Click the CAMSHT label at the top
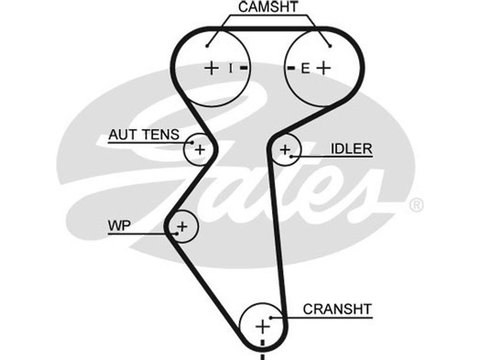268,8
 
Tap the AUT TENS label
143,136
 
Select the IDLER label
351,149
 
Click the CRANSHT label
337,309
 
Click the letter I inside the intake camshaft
230,68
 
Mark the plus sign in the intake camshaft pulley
211,68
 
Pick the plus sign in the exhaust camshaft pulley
323,68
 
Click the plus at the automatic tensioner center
200,149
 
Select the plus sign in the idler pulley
285,148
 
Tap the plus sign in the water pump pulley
182,226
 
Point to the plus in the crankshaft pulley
262,327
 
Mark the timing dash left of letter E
291,68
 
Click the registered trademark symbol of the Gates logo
416,205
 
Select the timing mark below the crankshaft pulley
262,356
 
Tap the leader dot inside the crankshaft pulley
272,317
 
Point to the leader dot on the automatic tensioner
190,143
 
